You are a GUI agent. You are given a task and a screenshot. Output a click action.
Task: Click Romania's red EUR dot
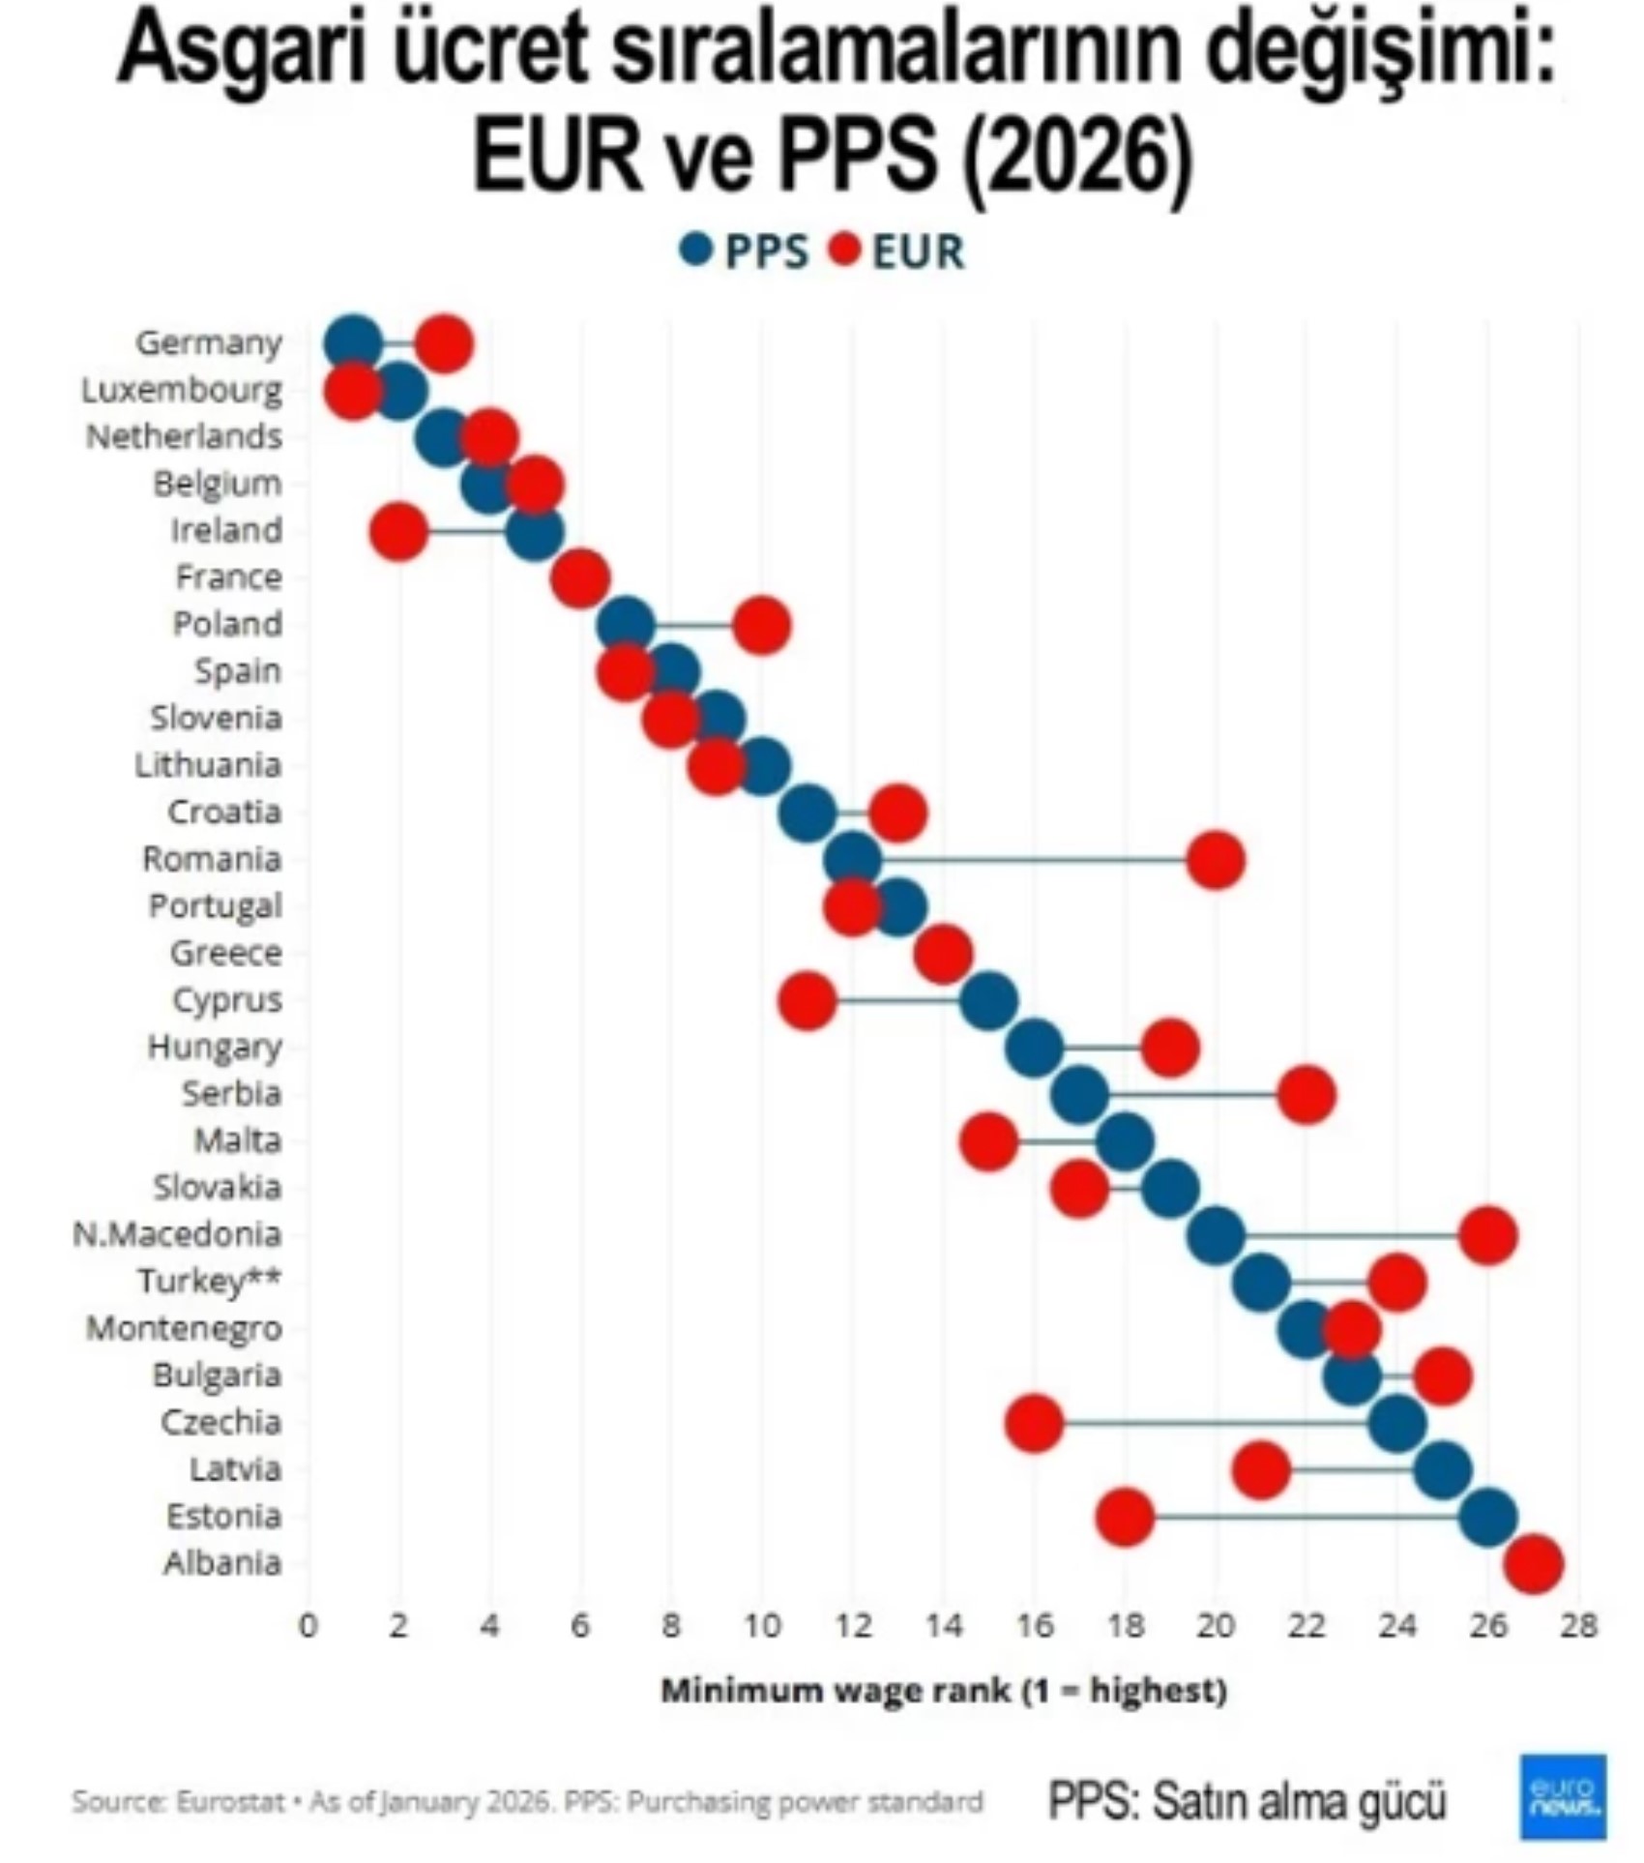pos(1216,860)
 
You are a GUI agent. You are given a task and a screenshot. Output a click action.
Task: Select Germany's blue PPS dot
pos(353,343)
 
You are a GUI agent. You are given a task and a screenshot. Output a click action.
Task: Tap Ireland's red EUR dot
pos(398,531)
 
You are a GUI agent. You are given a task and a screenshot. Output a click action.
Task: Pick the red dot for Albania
pos(1534,1564)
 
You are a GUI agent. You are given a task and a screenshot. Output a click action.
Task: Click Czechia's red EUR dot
pos(1034,1423)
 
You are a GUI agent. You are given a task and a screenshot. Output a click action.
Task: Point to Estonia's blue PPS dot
pos(1488,1517)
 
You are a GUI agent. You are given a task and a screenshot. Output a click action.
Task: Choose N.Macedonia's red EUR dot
pos(1488,1235)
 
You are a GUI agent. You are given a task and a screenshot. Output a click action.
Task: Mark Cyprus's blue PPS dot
pos(988,1000)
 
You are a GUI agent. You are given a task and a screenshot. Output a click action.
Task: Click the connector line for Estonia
pos(1306,1517)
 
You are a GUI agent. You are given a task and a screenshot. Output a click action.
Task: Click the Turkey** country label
pos(209,1281)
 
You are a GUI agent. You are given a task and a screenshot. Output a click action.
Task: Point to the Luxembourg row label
pos(181,390)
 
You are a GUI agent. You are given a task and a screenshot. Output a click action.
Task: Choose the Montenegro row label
pos(184,1328)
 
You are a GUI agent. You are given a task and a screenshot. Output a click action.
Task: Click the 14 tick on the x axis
pos(943,1626)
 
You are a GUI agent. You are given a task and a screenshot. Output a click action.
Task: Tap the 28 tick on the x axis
pos(1579,1626)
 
